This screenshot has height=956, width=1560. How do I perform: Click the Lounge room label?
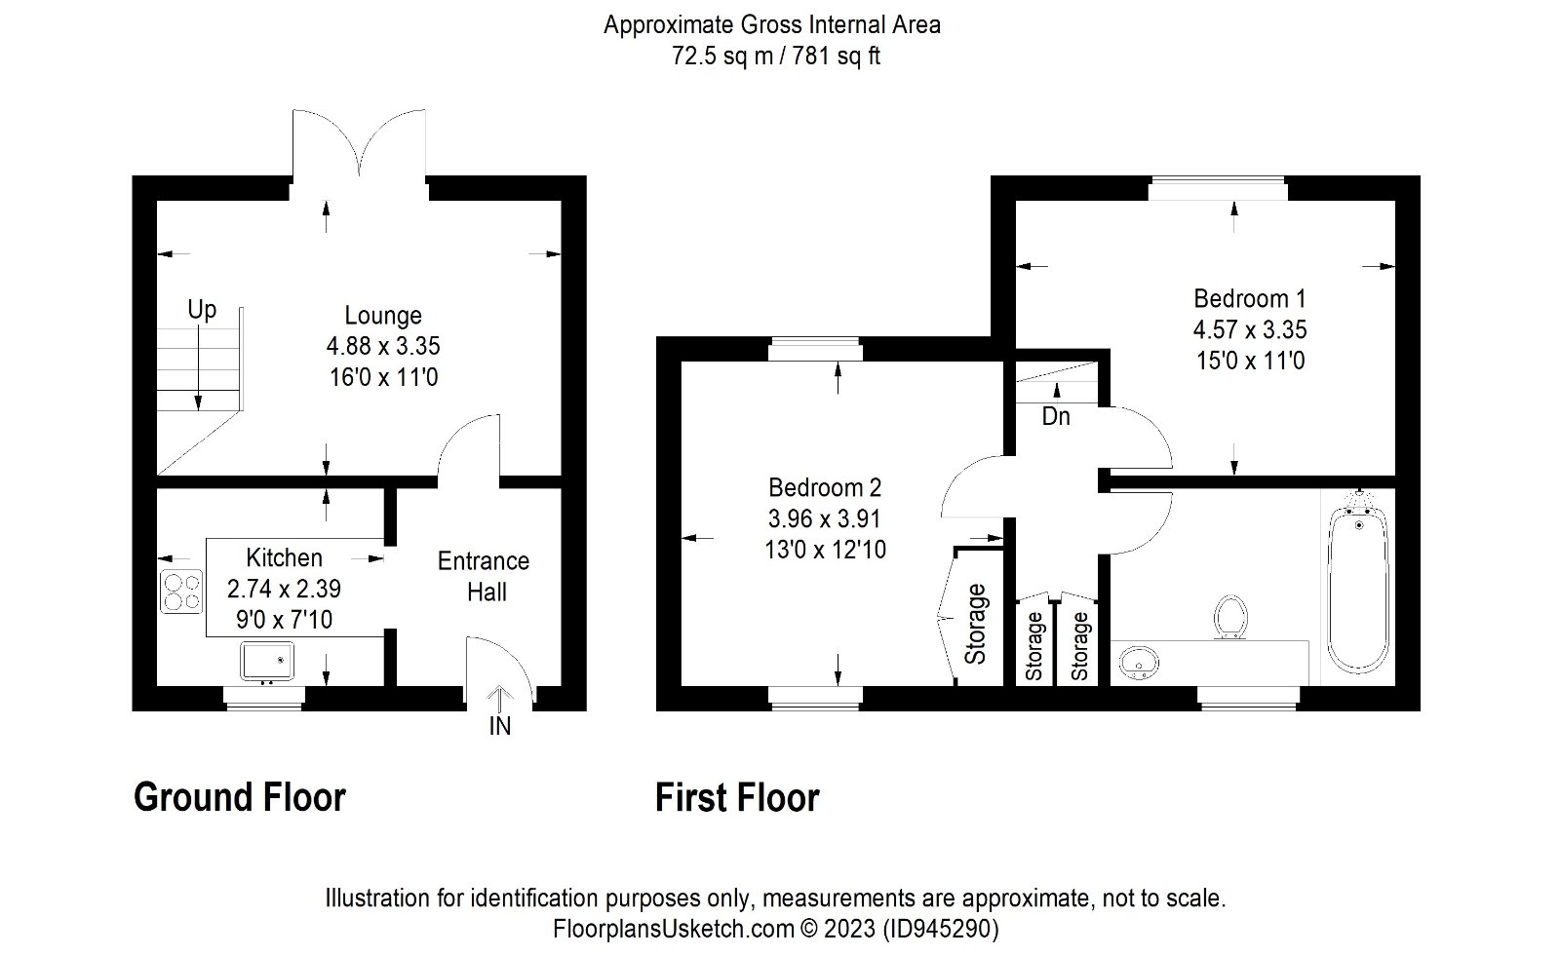point(383,316)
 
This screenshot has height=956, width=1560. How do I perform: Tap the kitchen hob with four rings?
point(181,592)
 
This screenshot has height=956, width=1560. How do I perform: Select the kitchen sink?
point(267,662)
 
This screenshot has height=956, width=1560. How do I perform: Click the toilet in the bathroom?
point(1229,618)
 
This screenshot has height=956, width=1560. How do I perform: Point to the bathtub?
point(1358,589)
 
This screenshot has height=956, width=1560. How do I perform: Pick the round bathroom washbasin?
point(1139,662)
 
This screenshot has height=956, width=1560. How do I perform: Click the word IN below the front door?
point(500,726)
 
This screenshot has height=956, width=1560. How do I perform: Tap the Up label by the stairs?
point(202,309)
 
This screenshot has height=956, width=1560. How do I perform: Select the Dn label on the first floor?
point(1056,416)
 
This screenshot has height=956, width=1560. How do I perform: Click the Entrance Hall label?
point(484,577)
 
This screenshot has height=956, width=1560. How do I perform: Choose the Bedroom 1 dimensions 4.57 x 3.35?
point(1250,329)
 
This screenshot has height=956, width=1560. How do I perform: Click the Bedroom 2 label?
point(825,487)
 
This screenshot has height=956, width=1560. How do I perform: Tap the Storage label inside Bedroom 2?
point(975,624)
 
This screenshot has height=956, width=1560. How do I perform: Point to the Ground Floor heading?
point(240,797)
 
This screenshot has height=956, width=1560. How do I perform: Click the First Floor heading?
point(737,798)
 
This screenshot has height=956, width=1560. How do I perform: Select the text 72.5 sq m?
point(722,56)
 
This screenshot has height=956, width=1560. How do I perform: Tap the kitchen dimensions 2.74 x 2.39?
point(284,589)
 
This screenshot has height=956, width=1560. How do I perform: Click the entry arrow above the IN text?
point(500,699)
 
